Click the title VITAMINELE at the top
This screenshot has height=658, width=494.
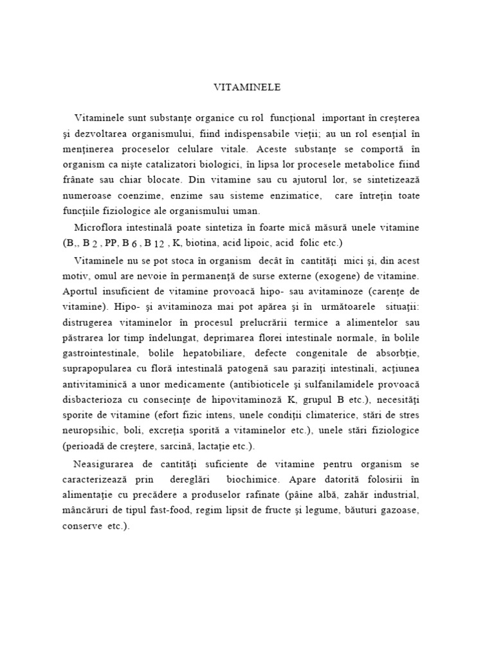pos(247,85)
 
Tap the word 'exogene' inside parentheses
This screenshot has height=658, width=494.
pos(300,275)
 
